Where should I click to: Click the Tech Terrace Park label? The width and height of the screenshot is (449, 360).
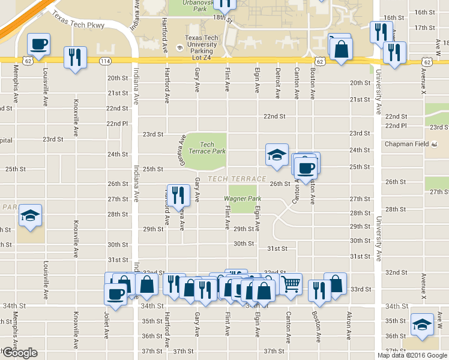(206, 148)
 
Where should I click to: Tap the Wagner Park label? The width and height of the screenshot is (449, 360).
(243, 199)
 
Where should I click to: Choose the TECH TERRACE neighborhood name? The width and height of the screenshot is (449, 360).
(237, 179)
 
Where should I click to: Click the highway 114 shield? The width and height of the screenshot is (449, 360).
(106, 61)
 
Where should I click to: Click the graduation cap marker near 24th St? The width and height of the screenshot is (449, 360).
(277, 154)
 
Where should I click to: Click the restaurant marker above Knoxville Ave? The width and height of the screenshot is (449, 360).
(75, 58)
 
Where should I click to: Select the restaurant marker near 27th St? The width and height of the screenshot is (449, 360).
(178, 195)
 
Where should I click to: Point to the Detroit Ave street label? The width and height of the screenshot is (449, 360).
(277, 83)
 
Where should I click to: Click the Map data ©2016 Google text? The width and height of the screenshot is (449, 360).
(412, 355)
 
